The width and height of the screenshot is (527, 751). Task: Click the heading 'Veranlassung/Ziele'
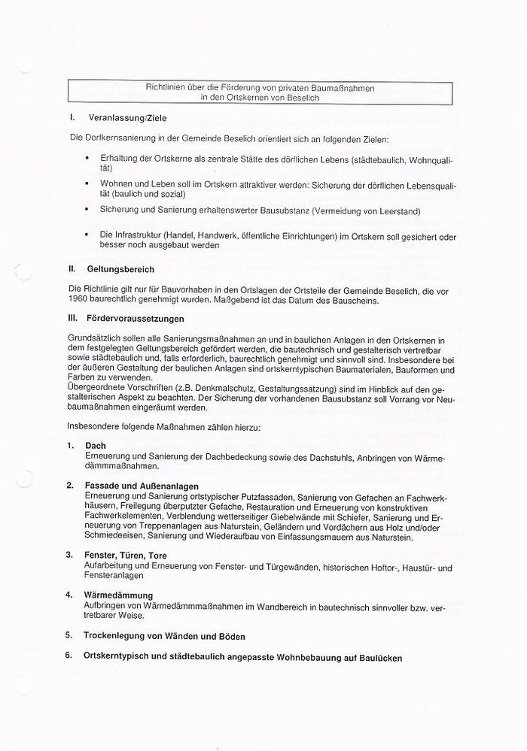tap(127, 119)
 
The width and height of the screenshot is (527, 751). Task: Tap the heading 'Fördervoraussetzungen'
tap(136, 318)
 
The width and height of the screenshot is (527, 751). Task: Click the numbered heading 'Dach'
tap(96, 446)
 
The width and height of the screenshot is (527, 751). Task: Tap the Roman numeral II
tap(72, 268)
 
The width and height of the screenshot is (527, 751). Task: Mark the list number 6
tap(68, 656)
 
